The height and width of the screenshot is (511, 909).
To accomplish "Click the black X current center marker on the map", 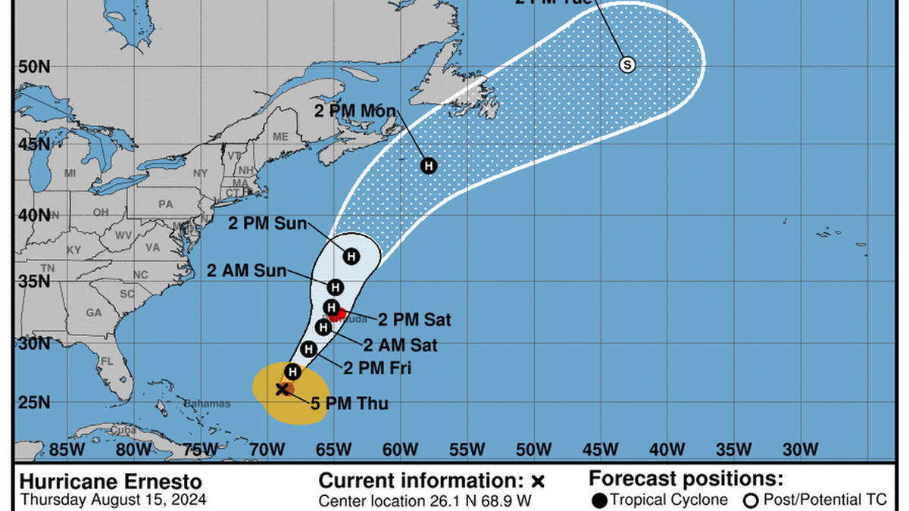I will pyautogui.click(x=282, y=389).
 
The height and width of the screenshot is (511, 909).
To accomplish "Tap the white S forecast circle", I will pyautogui.click(x=626, y=64).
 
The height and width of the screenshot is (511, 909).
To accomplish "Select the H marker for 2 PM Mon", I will pyautogui.click(x=429, y=165).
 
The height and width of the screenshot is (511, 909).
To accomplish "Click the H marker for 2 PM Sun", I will pyautogui.click(x=351, y=257).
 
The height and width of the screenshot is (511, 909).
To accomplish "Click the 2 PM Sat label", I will pyautogui.click(x=415, y=320).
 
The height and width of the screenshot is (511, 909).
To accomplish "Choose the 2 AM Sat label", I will pyautogui.click(x=400, y=346).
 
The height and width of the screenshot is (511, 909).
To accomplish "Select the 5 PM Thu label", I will pyautogui.click(x=349, y=404).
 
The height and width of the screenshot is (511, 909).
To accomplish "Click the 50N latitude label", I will pyautogui.click(x=34, y=66).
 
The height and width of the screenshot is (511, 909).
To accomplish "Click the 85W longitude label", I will pyautogui.click(x=67, y=450).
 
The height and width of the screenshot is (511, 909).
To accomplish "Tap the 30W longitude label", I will pyautogui.click(x=800, y=450).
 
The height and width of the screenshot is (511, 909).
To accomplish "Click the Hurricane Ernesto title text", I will pyautogui.click(x=111, y=481).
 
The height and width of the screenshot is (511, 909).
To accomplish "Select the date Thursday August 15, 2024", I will pyautogui.click(x=112, y=500).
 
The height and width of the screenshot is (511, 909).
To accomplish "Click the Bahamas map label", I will pyautogui.click(x=207, y=404).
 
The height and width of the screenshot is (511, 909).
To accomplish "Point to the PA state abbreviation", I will pyautogui.click(x=165, y=204).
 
